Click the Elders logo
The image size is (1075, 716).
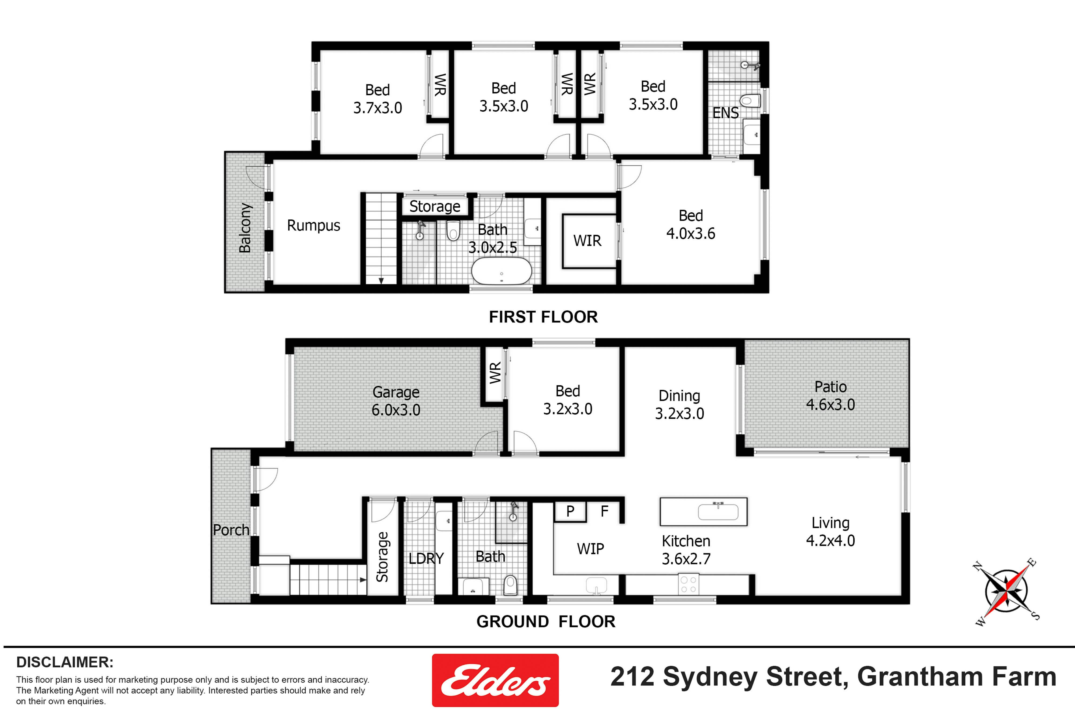coord(495,680)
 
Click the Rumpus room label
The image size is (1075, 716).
coord(314,226)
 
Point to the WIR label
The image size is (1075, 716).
coord(587,241)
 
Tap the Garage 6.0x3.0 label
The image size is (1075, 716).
coord(396,401)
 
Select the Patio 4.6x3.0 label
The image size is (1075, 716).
coord(830,395)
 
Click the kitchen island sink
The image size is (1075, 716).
coord(718,512)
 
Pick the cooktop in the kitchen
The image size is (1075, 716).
coord(688,584)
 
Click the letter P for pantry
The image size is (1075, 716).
coord(570,511)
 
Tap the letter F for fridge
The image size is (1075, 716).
coord(604,511)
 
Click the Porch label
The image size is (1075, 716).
coord(231,530)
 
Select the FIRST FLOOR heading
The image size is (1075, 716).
coord(543,317)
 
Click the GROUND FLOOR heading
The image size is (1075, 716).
coord(546,621)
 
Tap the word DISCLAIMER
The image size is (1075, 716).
coord(65,662)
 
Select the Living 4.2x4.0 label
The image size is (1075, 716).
coord(830,532)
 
